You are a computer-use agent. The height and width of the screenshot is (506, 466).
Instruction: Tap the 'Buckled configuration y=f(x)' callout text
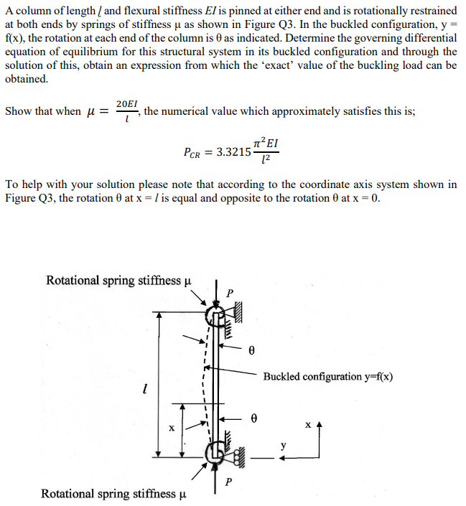point(327,376)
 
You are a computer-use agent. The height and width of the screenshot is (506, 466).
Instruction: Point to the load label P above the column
point(230,293)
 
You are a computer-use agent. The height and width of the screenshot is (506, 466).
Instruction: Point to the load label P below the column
point(228,481)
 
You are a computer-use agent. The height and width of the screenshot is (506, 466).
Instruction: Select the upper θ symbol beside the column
point(252,351)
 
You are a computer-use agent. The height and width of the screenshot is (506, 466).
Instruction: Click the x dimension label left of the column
point(171,428)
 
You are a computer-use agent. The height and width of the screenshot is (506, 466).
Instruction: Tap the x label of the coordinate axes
point(307,425)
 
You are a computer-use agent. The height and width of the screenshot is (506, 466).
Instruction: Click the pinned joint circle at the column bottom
point(214,452)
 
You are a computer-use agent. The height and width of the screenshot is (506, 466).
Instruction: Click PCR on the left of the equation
point(194,152)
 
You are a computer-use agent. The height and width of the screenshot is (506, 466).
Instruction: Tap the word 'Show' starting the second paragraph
point(19,112)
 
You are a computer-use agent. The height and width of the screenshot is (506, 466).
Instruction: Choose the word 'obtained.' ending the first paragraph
point(27,78)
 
